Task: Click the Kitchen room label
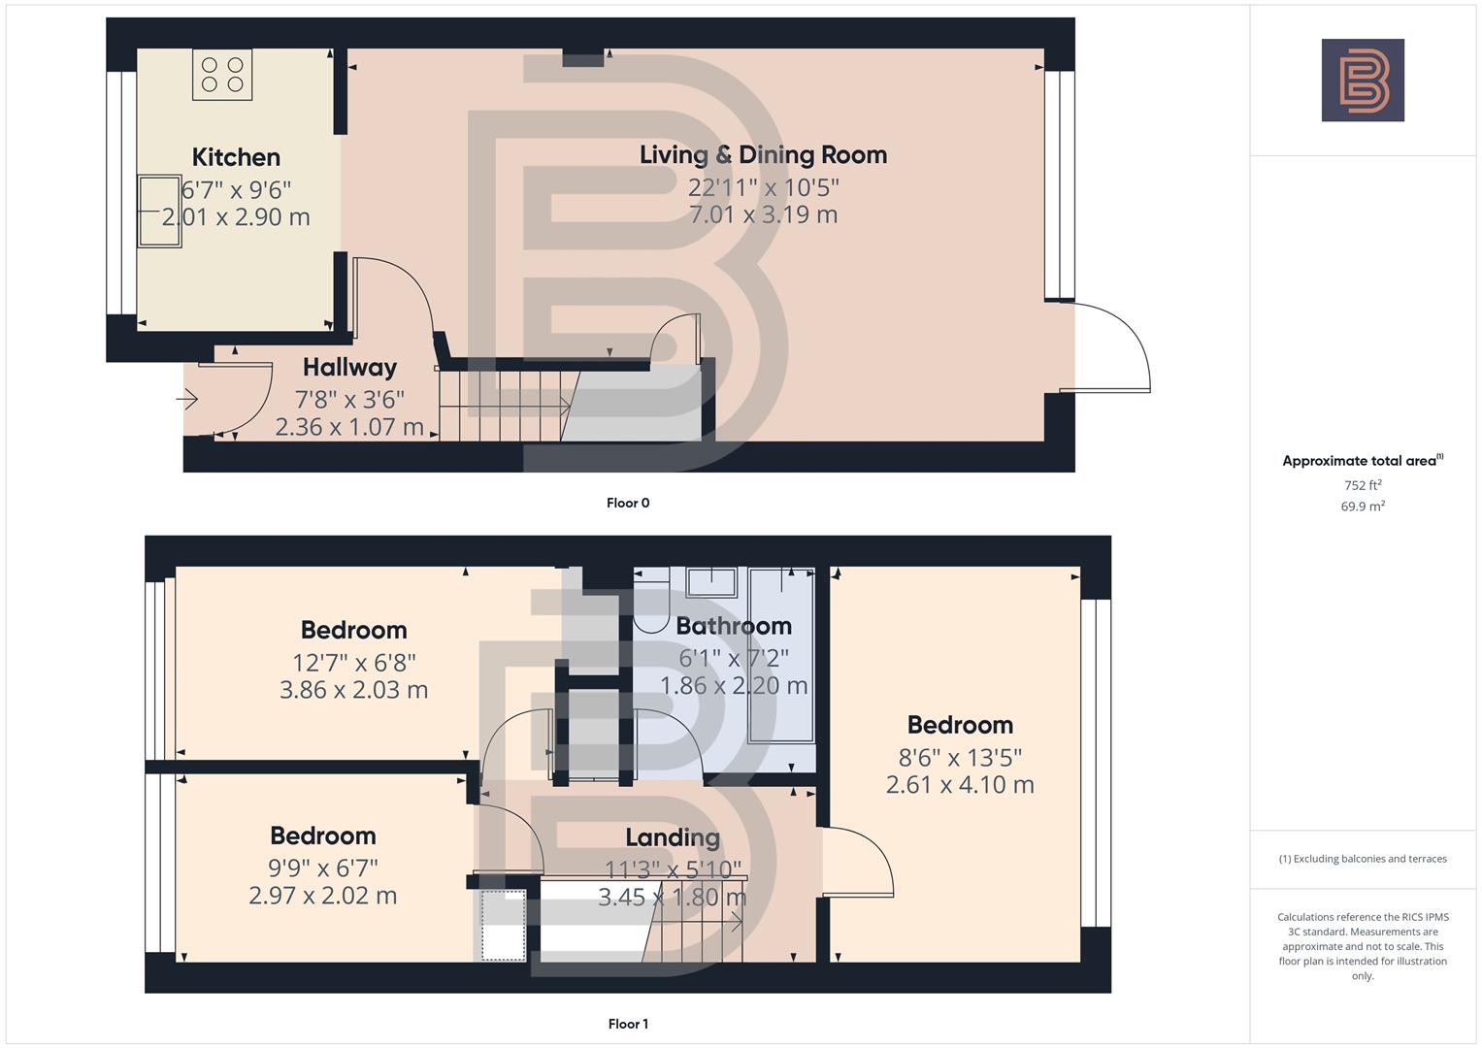pos(236,157)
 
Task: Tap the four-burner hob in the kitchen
pos(222,76)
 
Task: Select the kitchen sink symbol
pos(159,211)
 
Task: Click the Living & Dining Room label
pos(763,154)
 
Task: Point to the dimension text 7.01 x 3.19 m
pos(763,214)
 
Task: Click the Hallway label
pos(349,367)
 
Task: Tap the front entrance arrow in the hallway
pos(187,399)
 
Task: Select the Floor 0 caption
pos(628,503)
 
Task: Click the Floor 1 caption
pos(628,1024)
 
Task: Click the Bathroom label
pos(734,626)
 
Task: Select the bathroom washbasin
pos(711,582)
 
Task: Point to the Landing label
pos(673,837)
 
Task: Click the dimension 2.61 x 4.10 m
pos(960,784)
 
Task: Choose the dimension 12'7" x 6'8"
pos(354,662)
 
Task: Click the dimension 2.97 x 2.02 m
pos(323,895)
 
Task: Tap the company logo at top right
pos(1363,80)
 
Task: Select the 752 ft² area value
pos(1363,485)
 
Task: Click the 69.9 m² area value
pos(1363,506)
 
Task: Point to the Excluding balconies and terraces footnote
pos(1363,859)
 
